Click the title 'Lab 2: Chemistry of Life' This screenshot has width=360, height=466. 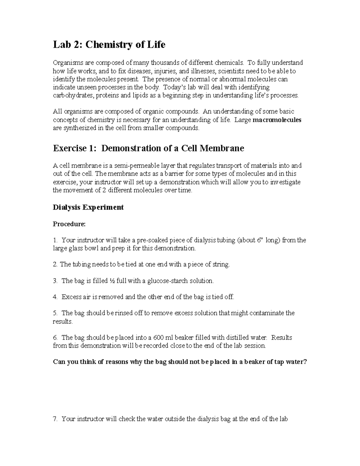pyautogui.click(x=109, y=45)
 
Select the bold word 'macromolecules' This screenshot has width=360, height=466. pyautogui.click(x=277, y=120)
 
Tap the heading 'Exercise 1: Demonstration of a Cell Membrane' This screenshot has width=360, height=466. pyautogui.click(x=148, y=148)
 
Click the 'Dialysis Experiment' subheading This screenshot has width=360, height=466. pyautogui.click(x=88, y=207)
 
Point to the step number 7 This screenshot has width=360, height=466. pyautogui.click(x=55, y=419)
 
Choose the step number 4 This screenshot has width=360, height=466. pyautogui.click(x=55, y=297)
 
